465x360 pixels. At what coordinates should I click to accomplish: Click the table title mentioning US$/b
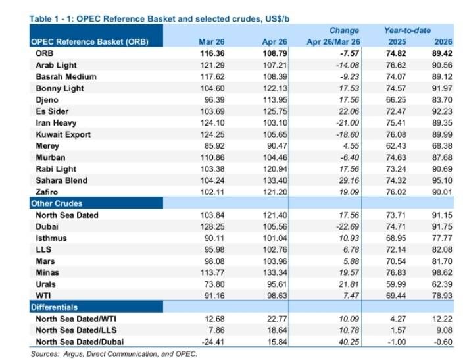(159, 19)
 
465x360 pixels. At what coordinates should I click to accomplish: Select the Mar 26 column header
(211, 42)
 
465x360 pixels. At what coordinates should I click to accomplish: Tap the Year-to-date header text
(408, 30)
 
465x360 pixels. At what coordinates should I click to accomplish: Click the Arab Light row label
(56, 65)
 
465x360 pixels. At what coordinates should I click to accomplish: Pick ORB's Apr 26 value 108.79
(275, 53)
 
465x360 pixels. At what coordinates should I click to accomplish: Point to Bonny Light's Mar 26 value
(212, 88)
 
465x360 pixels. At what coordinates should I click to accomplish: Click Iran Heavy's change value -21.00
(347, 123)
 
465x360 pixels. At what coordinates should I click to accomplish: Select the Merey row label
(47, 146)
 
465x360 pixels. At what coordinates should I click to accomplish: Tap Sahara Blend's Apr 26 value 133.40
(275, 180)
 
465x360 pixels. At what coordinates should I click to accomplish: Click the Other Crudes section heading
(57, 203)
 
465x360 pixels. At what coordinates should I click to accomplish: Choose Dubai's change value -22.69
(347, 227)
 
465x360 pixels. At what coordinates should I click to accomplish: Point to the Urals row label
(45, 284)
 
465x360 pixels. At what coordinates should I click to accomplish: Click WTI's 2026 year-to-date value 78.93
(442, 296)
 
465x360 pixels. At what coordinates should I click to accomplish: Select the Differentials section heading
(55, 307)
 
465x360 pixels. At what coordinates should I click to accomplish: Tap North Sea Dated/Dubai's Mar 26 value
(212, 342)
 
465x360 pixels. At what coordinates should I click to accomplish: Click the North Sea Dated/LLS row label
(76, 330)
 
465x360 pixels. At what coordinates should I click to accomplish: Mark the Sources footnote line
(114, 354)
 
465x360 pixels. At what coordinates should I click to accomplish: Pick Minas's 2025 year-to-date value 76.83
(396, 272)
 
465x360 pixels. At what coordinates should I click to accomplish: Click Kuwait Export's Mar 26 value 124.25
(212, 134)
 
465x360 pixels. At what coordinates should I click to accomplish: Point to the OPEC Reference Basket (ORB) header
(89, 42)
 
